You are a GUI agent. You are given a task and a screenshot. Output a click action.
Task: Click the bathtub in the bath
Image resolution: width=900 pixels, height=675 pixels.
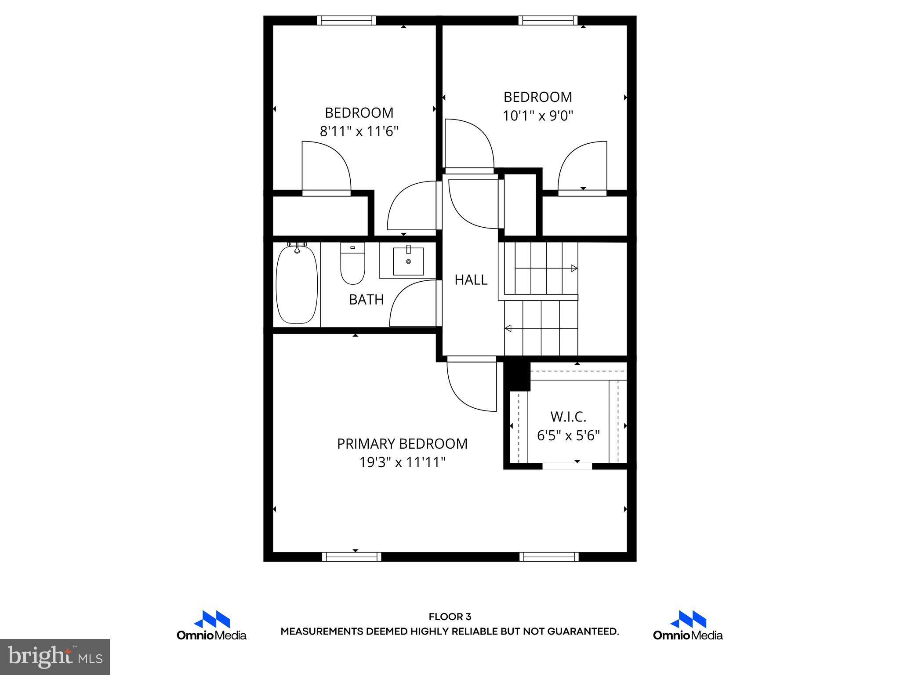297,285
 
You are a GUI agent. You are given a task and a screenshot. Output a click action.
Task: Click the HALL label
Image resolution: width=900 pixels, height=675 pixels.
471,280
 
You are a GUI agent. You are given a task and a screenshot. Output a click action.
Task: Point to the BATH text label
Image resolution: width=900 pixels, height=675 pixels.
366,300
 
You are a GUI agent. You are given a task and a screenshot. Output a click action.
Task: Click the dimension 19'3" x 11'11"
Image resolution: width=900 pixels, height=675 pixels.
402,463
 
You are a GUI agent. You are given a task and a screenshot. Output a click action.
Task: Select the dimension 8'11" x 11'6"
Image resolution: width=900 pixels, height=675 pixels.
359,131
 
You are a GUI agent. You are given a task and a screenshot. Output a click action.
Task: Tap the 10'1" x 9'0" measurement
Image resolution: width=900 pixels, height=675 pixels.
537,116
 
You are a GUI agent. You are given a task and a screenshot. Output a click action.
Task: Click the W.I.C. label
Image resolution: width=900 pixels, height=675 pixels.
568,417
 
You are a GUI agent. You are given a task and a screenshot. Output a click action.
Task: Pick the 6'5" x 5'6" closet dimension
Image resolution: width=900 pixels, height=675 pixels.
568,435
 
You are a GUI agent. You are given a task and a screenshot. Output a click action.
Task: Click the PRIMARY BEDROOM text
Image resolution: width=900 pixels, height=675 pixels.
402,444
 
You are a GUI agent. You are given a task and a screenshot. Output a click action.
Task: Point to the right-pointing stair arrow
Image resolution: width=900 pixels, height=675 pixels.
573,268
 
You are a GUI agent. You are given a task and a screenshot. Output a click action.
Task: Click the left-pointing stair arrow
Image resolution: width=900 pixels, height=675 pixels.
508,328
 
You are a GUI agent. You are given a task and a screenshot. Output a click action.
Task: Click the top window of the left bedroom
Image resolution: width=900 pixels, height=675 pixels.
346,20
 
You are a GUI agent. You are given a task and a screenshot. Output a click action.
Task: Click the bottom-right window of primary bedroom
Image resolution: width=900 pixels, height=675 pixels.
549,557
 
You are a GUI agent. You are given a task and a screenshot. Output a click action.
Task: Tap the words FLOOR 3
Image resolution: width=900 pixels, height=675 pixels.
450,617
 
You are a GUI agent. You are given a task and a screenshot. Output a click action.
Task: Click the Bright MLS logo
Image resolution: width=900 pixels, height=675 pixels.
55,657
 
